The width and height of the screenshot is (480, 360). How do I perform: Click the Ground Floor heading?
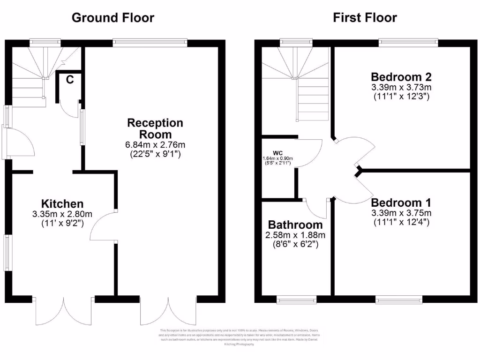point(112,18)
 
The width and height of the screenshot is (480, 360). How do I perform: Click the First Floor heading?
point(365,18)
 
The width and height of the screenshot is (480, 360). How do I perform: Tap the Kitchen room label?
point(62,204)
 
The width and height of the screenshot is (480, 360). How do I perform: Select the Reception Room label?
point(155,128)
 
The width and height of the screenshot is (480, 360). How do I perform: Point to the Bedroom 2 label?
point(401,77)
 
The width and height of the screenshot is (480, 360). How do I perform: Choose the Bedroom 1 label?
point(401,202)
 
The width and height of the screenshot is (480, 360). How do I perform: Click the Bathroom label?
point(295,225)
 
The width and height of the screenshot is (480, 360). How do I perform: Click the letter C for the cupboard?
point(69,80)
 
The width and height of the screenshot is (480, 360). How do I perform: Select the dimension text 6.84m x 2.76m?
point(155,144)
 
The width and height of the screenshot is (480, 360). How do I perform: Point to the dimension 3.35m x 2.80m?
point(62,214)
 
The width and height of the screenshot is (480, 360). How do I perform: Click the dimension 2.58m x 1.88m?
point(295,235)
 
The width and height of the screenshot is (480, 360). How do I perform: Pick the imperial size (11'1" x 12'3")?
point(401,97)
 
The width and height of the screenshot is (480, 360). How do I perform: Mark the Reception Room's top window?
point(150,43)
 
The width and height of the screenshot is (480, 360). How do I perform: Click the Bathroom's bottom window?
point(296,299)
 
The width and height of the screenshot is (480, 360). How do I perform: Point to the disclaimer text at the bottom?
point(240,337)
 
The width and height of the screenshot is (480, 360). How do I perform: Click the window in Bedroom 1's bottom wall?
point(398,299)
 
